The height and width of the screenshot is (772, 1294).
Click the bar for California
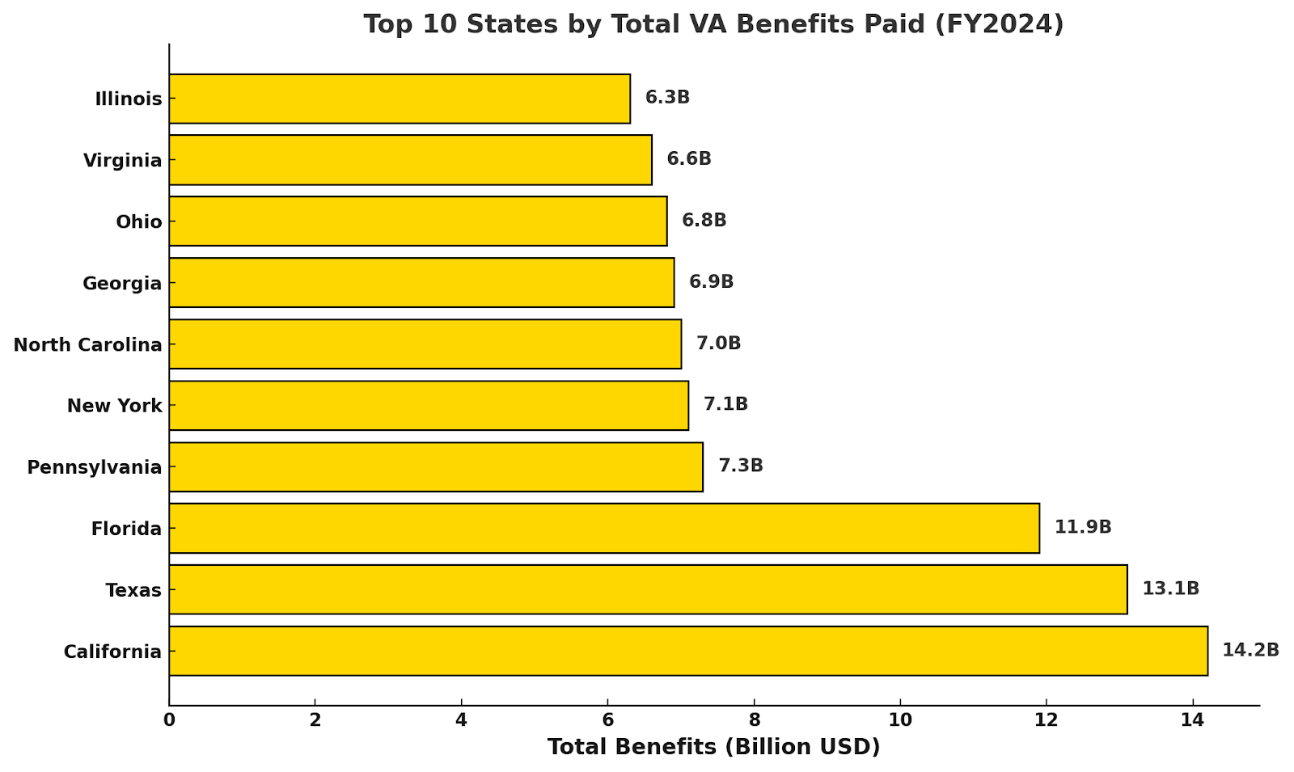tap(687, 651)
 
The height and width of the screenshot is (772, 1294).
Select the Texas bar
tap(647, 589)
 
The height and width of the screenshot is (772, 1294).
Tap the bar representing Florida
tap(603, 528)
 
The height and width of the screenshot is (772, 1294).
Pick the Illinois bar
tap(400, 99)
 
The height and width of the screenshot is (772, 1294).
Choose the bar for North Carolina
tap(425, 344)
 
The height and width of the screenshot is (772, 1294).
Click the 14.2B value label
tap(1250, 650)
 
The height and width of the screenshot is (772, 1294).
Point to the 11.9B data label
tap(1082, 527)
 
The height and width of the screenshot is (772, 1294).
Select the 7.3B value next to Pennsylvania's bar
tap(740, 466)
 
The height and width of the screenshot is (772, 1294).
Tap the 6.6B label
tap(688, 159)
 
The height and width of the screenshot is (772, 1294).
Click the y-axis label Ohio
tap(138, 221)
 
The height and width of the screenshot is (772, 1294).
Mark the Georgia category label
tap(122, 284)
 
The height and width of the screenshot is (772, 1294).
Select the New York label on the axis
tap(114, 406)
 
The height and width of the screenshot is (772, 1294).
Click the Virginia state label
tap(122, 161)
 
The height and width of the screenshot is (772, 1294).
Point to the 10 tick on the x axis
tap(899, 719)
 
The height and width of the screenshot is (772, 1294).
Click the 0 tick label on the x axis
tap(169, 719)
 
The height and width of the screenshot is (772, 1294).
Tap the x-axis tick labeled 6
tap(607, 719)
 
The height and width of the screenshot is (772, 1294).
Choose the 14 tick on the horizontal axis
tap(1192, 719)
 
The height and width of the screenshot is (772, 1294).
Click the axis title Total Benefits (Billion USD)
tap(713, 747)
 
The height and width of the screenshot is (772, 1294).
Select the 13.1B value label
tap(1170, 588)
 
